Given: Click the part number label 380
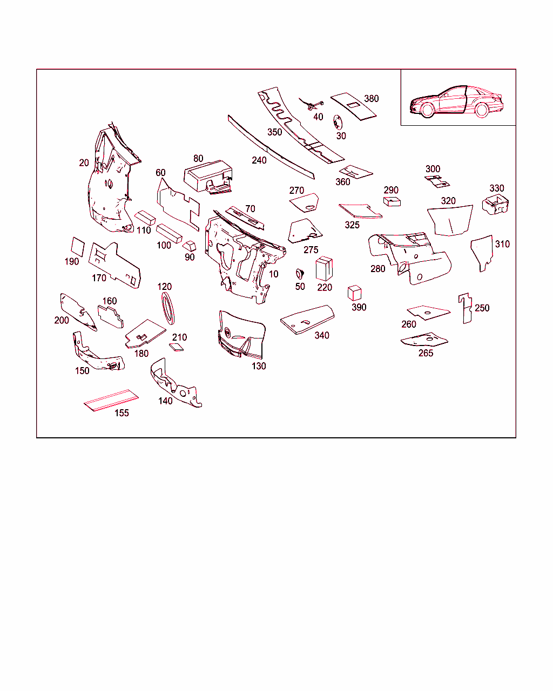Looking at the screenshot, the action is pyautogui.click(x=372, y=99).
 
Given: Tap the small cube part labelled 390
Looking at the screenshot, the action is pyautogui.click(x=354, y=293).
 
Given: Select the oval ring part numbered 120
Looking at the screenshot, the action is pyautogui.click(x=168, y=308).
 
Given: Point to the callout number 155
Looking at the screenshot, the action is pyautogui.click(x=122, y=413).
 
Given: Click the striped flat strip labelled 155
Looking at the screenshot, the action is pyautogui.click(x=111, y=400).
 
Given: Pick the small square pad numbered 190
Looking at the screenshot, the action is pyautogui.click(x=78, y=247).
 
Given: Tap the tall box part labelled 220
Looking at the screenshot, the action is pyautogui.click(x=324, y=268).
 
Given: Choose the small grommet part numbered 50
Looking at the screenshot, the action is pyautogui.click(x=300, y=274).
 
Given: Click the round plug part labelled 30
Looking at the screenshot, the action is pyautogui.click(x=338, y=123).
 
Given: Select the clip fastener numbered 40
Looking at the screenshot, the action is pyautogui.click(x=312, y=104).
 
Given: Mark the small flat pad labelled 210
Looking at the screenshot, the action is pyautogui.click(x=176, y=347).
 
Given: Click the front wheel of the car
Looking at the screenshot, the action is pyautogui.click(x=427, y=110).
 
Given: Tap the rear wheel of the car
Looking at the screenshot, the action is pyautogui.click(x=481, y=110).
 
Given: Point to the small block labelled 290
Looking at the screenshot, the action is pyautogui.click(x=392, y=202).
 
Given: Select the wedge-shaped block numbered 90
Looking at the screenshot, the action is pyautogui.click(x=189, y=246).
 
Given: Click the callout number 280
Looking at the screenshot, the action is pyautogui.click(x=377, y=269).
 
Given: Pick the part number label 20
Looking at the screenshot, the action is pyautogui.click(x=84, y=163).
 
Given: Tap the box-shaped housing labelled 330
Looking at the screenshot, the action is pyautogui.click(x=495, y=205).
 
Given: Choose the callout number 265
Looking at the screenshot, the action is pyautogui.click(x=426, y=353).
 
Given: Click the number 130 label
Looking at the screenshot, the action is pyautogui.click(x=259, y=366).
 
